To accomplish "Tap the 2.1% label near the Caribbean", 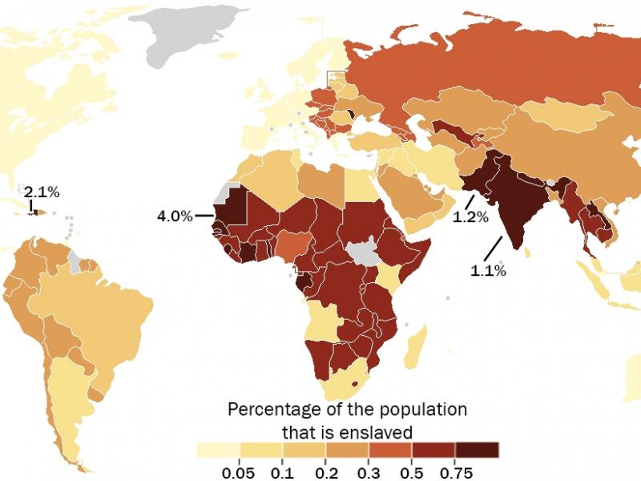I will tap(41, 192).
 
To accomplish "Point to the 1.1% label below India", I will tap(488, 271).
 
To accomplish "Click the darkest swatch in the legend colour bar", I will tap(477, 450).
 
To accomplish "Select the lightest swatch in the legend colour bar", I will tap(216, 450).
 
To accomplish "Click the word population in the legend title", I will tap(422, 410).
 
